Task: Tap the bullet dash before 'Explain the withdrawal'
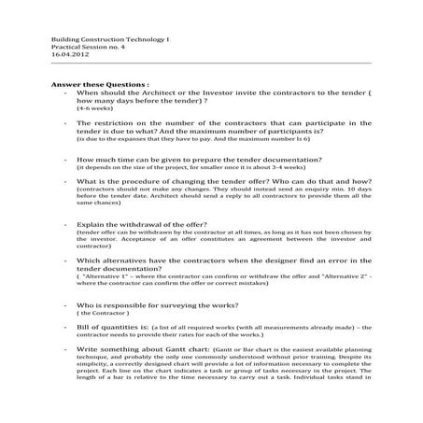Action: pos(64,225)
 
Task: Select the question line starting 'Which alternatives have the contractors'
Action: pos(224,261)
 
